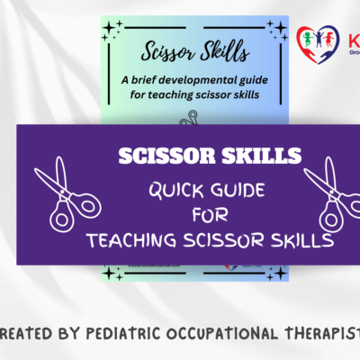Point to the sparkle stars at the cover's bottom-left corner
coord(112,271)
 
